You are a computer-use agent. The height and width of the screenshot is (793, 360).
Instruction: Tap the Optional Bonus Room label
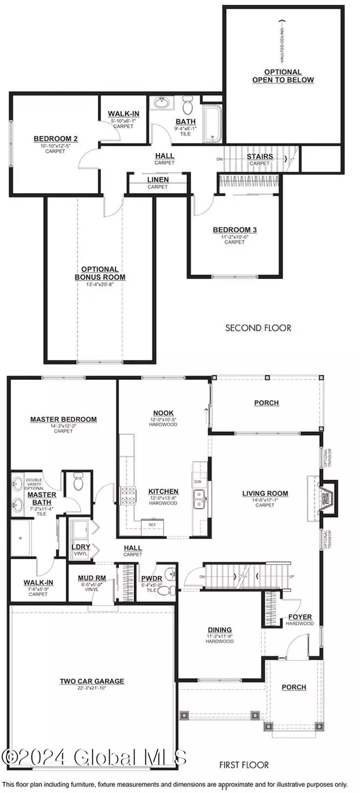tap(100, 274)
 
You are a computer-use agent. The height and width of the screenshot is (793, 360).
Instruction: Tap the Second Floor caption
tap(258, 328)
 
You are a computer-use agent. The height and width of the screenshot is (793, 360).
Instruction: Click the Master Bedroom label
tap(64, 419)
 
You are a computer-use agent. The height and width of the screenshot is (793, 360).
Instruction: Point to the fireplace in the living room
tap(324, 493)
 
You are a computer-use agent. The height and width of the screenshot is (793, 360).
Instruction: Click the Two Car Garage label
tap(92, 681)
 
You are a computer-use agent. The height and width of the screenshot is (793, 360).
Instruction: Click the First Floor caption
tap(247, 765)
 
